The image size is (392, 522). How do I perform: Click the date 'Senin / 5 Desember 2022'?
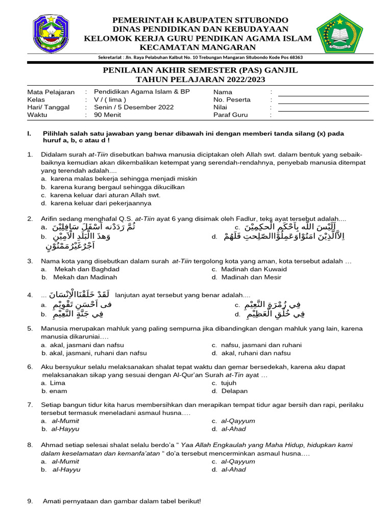point(134,108)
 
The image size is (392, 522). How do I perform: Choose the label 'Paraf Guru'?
point(230,115)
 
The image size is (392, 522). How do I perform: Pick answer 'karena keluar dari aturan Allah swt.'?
point(105,195)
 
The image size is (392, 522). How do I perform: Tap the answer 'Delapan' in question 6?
point(234,391)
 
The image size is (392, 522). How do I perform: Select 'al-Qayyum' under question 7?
point(238,421)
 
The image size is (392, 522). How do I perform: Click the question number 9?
point(30,502)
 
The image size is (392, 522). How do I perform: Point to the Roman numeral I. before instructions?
point(29,134)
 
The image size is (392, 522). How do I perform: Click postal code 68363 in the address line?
point(294,58)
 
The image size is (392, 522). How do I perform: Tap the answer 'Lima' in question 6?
point(58,383)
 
